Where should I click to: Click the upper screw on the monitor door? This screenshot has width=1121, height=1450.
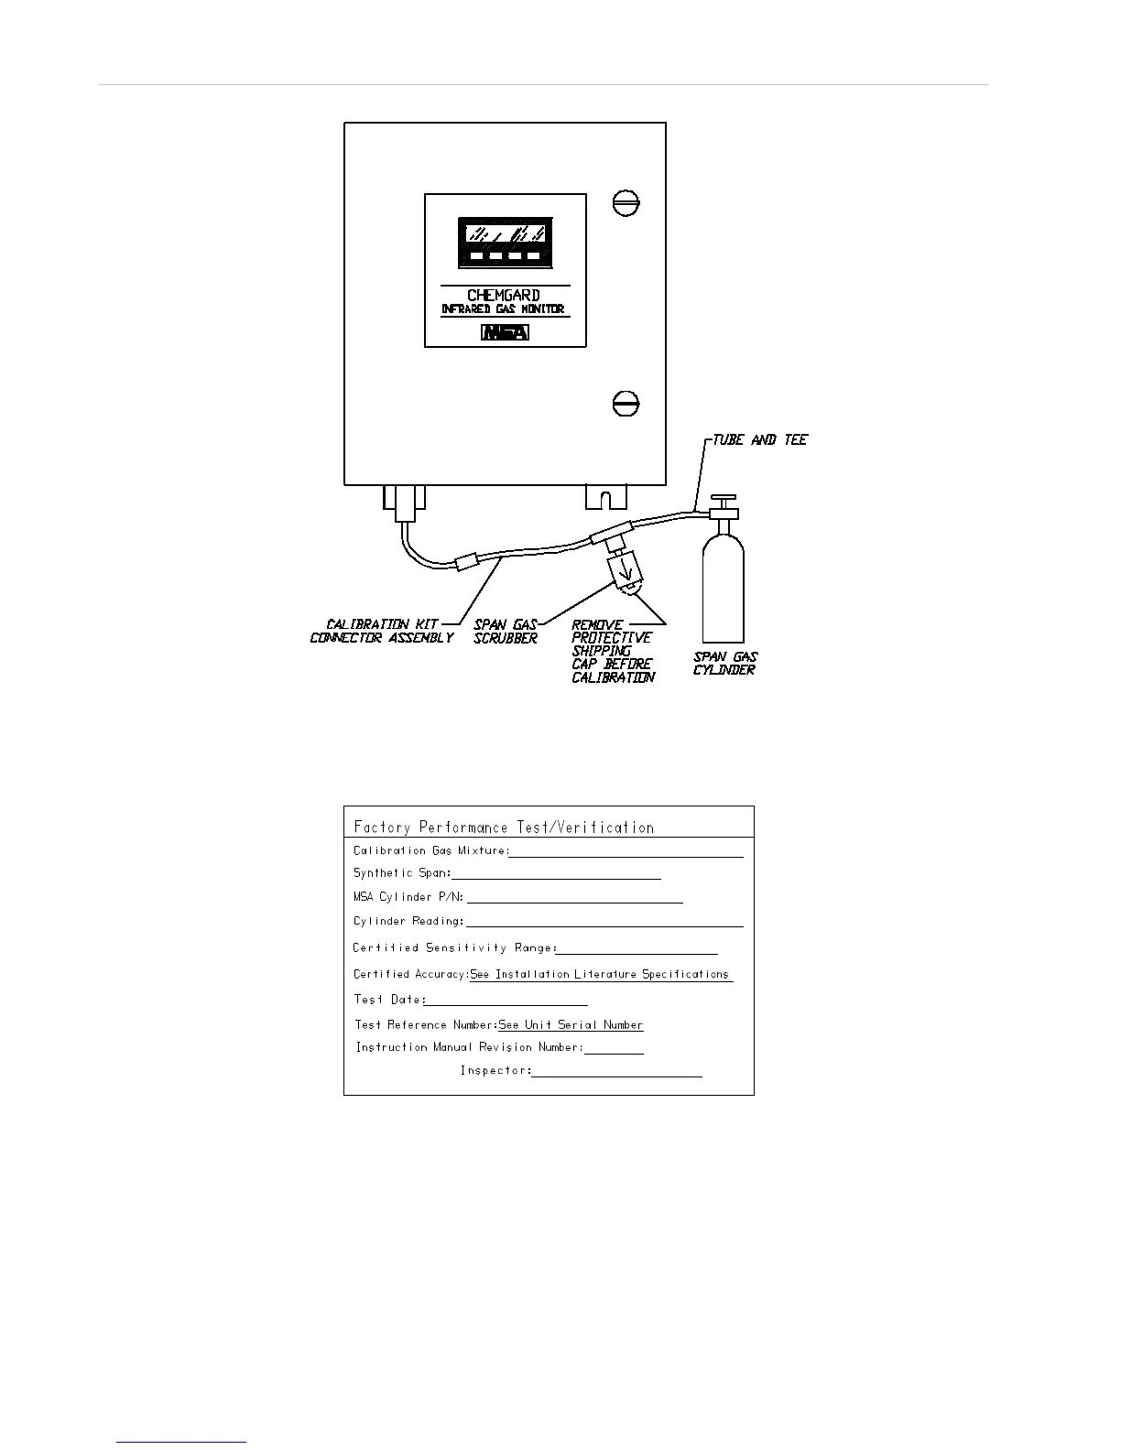626,202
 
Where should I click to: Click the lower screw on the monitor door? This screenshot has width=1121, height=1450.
626,403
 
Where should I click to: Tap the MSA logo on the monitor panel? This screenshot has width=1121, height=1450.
505,332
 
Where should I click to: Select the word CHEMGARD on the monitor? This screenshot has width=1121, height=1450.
504,296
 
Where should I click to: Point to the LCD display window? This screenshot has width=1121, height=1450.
506,242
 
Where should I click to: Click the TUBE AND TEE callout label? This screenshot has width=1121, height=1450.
760,440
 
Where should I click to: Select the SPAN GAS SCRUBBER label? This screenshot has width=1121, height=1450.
505,632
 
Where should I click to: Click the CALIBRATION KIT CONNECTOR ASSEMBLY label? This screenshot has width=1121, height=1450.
382,632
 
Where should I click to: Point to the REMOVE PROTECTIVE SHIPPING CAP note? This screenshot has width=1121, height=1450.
612,651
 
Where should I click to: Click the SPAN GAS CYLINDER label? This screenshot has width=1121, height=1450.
724,663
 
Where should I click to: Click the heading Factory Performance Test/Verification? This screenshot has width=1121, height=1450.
504,828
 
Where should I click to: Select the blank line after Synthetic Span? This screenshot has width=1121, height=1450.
557,877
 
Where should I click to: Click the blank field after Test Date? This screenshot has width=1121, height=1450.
506,1003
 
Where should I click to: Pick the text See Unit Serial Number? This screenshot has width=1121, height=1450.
571,1025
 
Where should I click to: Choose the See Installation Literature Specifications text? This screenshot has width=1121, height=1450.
600,974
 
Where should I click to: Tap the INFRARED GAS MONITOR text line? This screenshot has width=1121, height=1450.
504,309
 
